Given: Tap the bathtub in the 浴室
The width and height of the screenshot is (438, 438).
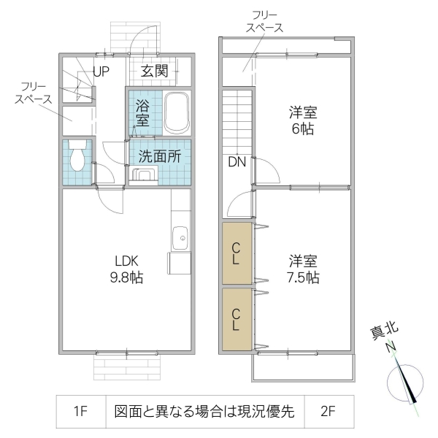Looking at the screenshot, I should coord(177,113).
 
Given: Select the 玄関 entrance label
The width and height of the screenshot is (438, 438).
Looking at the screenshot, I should coord(155,71).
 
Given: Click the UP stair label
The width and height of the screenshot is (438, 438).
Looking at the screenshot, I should coord(101,72).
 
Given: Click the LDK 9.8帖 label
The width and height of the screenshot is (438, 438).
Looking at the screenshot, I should coord(126,269).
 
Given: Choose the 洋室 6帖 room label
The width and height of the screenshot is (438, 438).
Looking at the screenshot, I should coord(302,120).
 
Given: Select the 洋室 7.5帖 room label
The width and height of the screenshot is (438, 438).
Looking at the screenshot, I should coord(302,269).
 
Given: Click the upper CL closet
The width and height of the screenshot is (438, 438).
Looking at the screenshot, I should coord(237,253).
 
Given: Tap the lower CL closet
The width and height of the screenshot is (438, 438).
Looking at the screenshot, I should coord(237,320).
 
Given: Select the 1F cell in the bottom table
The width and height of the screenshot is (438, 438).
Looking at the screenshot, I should coord(81,412).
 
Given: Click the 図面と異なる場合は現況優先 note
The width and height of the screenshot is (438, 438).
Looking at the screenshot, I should coord(204,412).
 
